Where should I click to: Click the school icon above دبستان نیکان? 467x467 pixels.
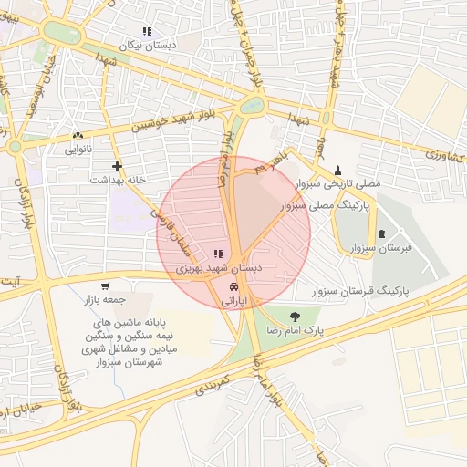click(x=148, y=31)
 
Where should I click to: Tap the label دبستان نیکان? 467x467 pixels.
click(x=148, y=45)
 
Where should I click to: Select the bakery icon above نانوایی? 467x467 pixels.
click(x=78, y=136)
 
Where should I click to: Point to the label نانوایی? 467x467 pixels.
click(x=78, y=150)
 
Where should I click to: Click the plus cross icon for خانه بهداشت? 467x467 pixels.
click(x=117, y=166)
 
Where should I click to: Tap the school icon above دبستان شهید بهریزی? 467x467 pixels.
click(x=217, y=254)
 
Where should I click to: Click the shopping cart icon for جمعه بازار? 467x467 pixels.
click(x=106, y=285)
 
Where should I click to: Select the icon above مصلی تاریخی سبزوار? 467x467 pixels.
click(x=339, y=170)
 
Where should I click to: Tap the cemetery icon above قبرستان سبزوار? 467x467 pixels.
click(x=381, y=235)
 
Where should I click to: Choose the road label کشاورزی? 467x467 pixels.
click(x=443, y=157)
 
